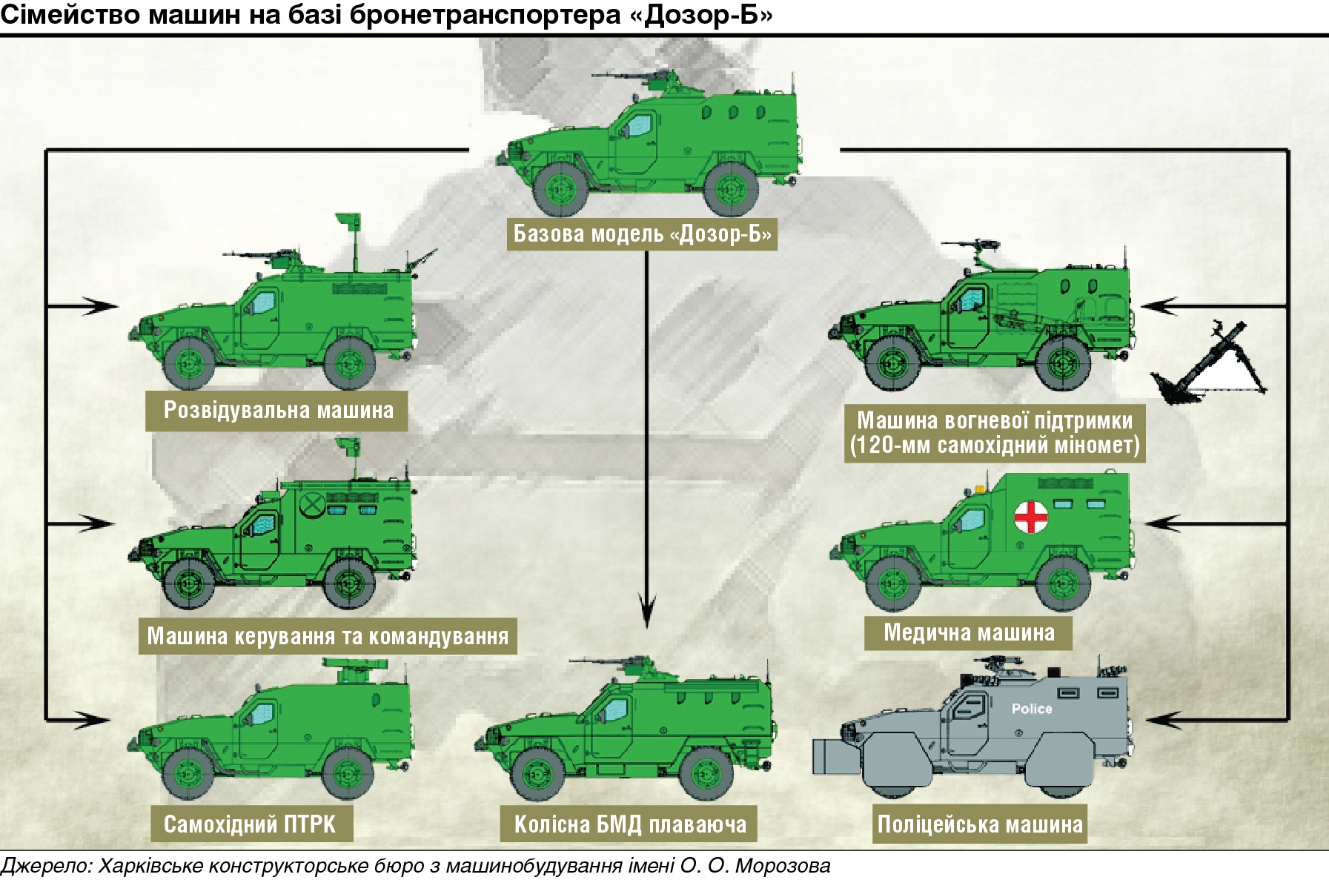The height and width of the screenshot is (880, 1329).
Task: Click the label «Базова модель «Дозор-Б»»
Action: [x=642, y=234]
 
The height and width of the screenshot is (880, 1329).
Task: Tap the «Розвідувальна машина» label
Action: [x=277, y=411]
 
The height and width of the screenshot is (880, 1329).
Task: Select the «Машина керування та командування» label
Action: [x=328, y=636]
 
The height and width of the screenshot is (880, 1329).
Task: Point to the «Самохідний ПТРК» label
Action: [x=251, y=824]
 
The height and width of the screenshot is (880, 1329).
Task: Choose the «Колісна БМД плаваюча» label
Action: [x=629, y=824]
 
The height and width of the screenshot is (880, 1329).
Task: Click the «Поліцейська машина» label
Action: [x=980, y=824]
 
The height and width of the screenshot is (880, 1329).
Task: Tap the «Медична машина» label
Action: [x=968, y=632]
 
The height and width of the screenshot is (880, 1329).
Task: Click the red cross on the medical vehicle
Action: [x=1030, y=517]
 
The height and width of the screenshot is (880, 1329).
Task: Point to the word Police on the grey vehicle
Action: [x=1032, y=709]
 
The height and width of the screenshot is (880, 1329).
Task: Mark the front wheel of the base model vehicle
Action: [x=560, y=188]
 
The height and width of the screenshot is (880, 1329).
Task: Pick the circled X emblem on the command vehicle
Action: [x=313, y=505]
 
